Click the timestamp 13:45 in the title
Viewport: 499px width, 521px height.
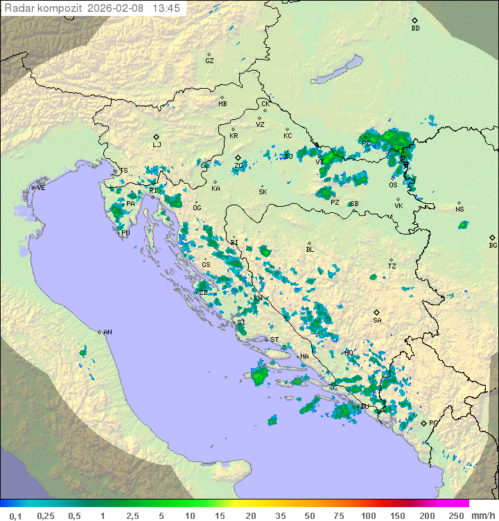tap(166, 8)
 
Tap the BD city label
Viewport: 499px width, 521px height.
tap(415, 28)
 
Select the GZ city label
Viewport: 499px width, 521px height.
tap(209, 61)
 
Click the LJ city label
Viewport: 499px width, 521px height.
tap(157, 145)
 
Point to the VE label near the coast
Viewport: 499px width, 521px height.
tap(41, 188)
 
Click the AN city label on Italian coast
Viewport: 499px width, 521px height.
tap(107, 332)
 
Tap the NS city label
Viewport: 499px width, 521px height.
tap(459, 210)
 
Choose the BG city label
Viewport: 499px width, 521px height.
tap(493, 245)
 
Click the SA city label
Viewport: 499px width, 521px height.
tap(377, 321)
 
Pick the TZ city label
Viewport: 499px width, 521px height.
tap(392, 266)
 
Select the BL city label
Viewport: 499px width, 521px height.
tap(310, 250)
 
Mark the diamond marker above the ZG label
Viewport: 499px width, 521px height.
tap(238, 158)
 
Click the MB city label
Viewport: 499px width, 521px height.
tap(222, 104)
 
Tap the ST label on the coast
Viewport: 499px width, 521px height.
tap(274, 340)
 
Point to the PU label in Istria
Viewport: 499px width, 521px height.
tap(125, 233)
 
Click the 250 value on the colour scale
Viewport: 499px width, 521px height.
tap(456, 515)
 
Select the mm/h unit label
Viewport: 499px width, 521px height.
tap(483, 515)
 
